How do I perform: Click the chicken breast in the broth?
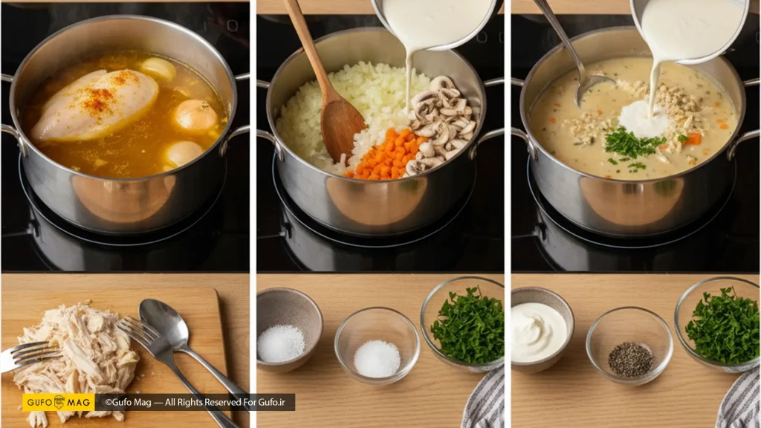tap(94, 104)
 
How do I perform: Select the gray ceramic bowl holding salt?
tap(289, 330)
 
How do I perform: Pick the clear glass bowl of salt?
tap(377, 345)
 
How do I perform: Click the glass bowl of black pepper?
tap(629, 346)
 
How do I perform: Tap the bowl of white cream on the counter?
tap(542, 330)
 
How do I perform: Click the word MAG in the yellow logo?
tap(79, 402)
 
